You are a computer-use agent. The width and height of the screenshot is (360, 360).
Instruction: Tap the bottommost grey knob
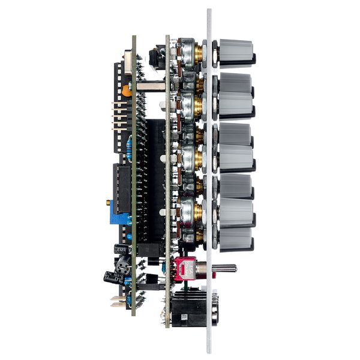[235, 238]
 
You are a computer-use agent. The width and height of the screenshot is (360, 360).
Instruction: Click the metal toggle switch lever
[223, 268]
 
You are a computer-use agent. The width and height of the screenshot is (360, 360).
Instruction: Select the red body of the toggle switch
[187, 268]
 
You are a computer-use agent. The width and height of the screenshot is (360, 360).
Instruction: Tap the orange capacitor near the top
[127, 91]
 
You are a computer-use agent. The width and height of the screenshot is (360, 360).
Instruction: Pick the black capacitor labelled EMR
[122, 248]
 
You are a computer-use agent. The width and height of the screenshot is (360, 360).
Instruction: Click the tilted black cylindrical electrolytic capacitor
[113, 277]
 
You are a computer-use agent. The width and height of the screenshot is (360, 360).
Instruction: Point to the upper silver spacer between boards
[151, 86]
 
